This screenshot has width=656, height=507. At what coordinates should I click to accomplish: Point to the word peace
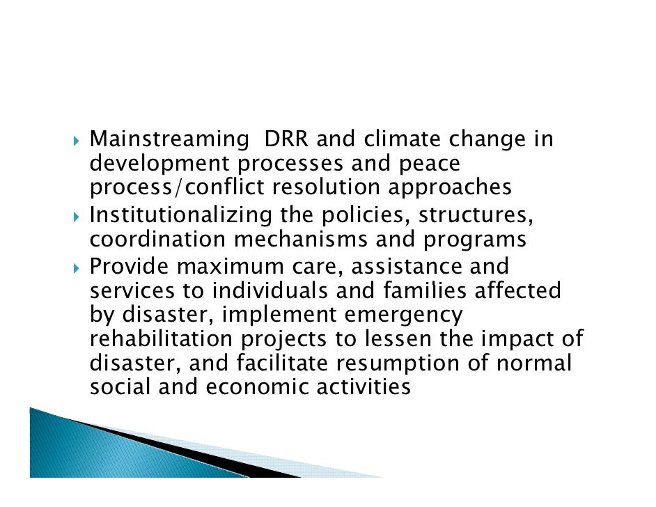click(x=428, y=164)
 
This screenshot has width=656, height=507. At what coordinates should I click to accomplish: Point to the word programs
click(x=474, y=240)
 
